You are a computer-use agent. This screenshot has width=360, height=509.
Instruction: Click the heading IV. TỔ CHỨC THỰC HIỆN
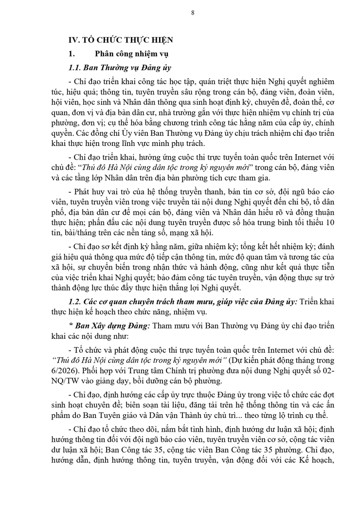121,40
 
